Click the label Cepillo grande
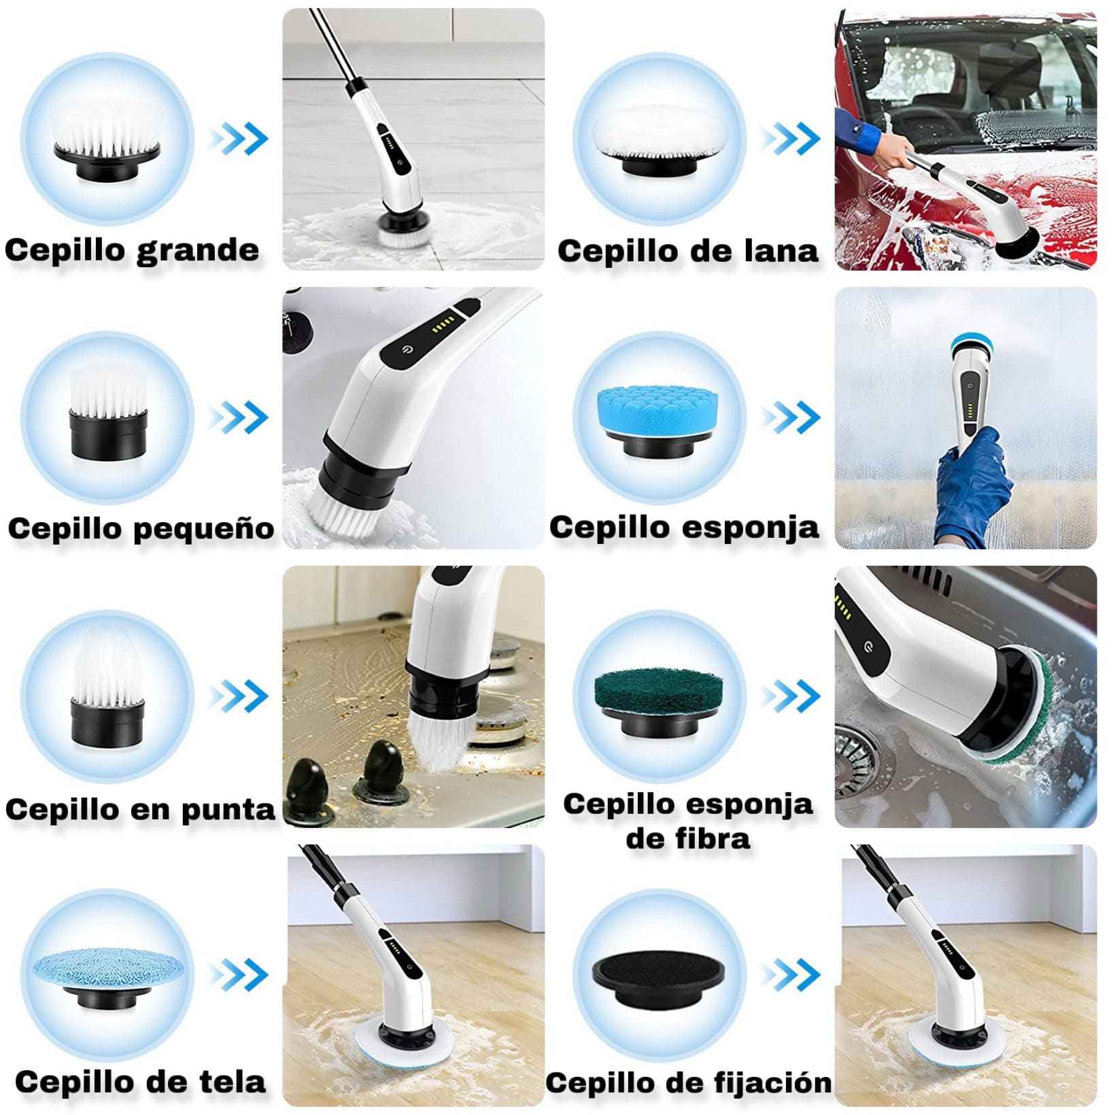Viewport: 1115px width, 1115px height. [x=132, y=250]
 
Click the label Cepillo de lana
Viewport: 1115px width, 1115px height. [x=687, y=251]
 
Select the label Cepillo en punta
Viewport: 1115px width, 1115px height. [x=140, y=809]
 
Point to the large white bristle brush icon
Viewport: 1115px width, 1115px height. [x=107, y=136]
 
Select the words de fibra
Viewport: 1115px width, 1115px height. [x=687, y=838]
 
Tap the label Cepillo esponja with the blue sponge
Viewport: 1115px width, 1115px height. [x=684, y=528]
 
